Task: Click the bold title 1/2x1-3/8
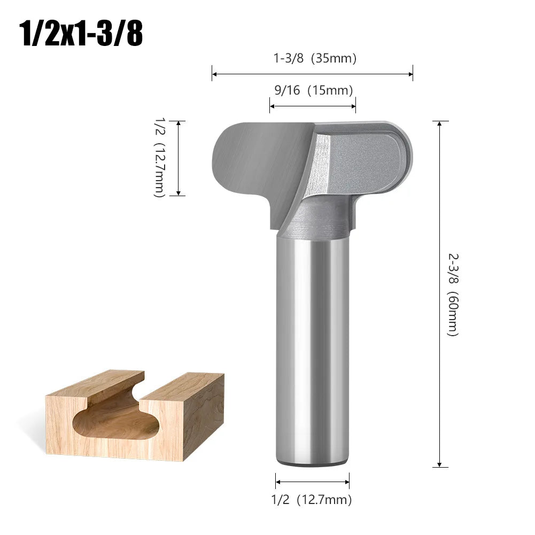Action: point(81,35)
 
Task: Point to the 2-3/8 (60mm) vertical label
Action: point(453,293)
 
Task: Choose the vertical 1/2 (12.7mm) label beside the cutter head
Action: point(158,157)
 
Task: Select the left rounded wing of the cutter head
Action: point(246,160)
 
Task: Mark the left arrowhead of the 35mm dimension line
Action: point(214,74)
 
